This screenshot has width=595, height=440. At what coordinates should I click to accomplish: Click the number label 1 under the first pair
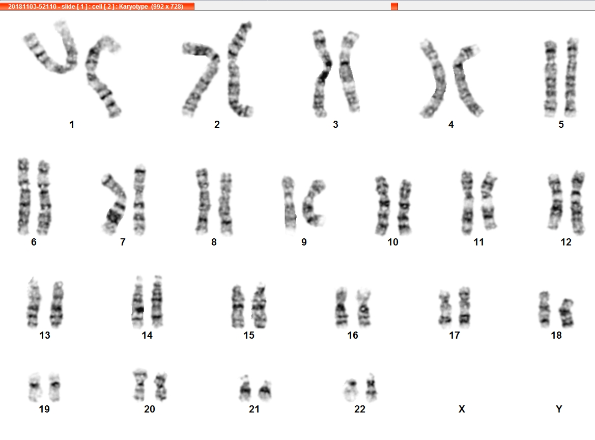click(x=72, y=125)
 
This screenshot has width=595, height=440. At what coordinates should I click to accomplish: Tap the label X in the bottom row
click(x=462, y=409)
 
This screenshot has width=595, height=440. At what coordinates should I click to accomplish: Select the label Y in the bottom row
click(x=558, y=409)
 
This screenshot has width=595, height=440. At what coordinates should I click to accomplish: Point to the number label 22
click(x=360, y=409)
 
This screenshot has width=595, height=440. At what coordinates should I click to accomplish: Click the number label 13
click(x=45, y=335)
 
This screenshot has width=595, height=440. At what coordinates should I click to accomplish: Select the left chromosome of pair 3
click(x=322, y=72)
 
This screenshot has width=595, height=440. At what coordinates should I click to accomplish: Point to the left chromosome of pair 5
click(x=551, y=78)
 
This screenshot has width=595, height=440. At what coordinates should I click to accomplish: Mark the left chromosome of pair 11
click(x=467, y=203)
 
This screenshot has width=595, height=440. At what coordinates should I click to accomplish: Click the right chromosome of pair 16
click(x=364, y=308)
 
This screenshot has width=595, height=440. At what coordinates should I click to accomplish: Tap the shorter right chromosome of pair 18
click(x=566, y=313)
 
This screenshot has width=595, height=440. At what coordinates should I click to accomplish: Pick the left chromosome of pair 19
click(x=35, y=387)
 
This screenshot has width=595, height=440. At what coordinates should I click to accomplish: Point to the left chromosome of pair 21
click(x=245, y=389)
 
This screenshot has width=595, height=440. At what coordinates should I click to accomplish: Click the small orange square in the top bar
click(x=394, y=7)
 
